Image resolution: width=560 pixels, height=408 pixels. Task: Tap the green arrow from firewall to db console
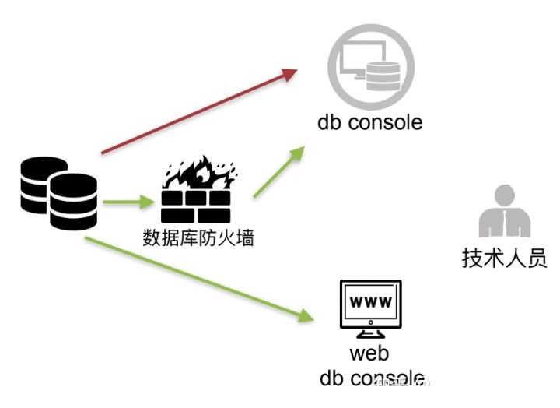277,171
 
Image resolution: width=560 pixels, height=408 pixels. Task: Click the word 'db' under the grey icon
328,123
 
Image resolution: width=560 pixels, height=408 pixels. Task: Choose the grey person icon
504,211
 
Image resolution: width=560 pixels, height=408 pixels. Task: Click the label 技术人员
505,258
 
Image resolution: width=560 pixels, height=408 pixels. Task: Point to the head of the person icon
505,195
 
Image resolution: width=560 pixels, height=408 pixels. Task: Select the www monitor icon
371,308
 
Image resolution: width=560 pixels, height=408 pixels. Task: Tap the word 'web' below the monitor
369,354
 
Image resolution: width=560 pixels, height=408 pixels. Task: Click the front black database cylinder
73,201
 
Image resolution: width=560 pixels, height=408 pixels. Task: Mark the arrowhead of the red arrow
290,73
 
